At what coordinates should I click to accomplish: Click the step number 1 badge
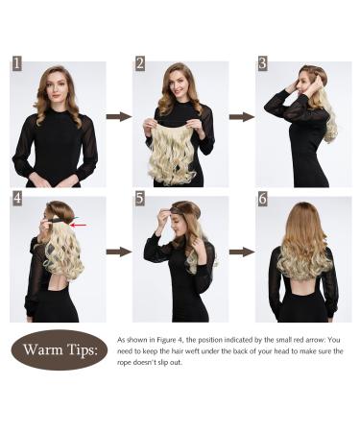pyautogui.click(x=16, y=63)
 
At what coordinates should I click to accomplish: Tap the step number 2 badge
pyautogui.click(x=139, y=63)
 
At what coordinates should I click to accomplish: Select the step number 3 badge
pyautogui.click(x=262, y=63)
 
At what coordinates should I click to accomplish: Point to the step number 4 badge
pyautogui.click(x=16, y=198)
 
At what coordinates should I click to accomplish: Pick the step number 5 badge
pyautogui.click(x=139, y=198)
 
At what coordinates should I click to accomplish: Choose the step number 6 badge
pyautogui.click(x=262, y=198)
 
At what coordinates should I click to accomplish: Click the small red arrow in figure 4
pyautogui.click(x=78, y=226)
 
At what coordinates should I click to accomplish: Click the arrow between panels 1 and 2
pyautogui.click(x=118, y=116)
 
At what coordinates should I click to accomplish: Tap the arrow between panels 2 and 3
pyautogui.click(x=241, y=116)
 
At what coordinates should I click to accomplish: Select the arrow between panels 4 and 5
pyautogui.click(x=118, y=252)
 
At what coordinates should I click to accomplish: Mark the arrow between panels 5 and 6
pyautogui.click(x=241, y=252)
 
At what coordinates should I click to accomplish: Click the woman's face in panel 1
pyautogui.click(x=57, y=89)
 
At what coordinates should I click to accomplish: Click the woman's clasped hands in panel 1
pyautogui.click(x=56, y=180)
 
